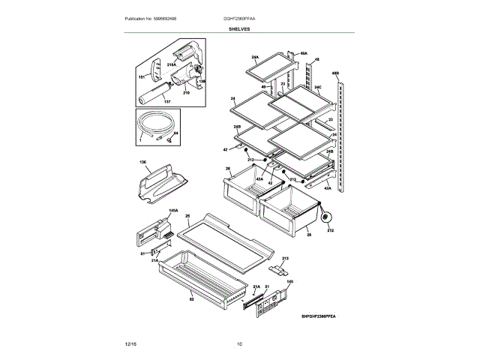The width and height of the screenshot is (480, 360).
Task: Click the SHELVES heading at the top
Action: point(240,29)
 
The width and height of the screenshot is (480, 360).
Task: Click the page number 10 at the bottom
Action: point(239,344)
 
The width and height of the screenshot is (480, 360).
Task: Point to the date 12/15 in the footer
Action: point(130,344)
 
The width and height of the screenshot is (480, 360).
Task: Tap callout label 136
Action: point(142,162)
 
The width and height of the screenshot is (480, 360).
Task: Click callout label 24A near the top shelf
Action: point(255,58)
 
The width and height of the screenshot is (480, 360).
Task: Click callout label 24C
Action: point(318,88)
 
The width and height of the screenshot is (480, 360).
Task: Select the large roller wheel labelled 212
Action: point(326,218)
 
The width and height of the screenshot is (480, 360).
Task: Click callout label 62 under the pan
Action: point(191,299)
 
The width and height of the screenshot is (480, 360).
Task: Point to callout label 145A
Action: point(173,212)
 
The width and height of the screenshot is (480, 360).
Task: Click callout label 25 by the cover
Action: point(188,217)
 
